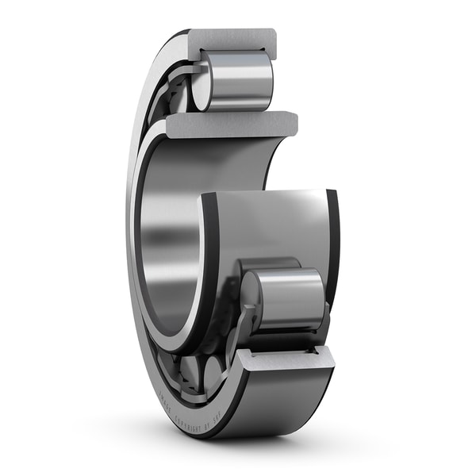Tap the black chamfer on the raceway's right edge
click(332, 238)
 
